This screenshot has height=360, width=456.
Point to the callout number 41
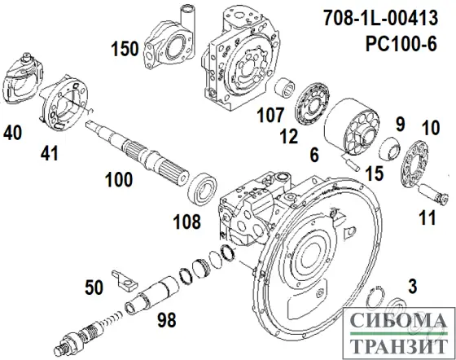[x=52, y=151]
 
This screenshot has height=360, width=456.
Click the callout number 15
[x=374, y=173]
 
